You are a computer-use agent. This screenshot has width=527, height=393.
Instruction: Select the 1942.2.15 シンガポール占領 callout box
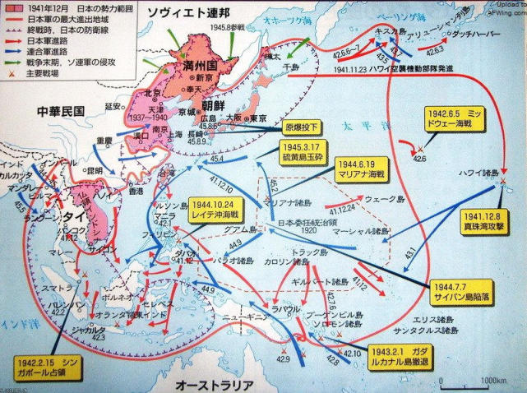coord(48,368)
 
